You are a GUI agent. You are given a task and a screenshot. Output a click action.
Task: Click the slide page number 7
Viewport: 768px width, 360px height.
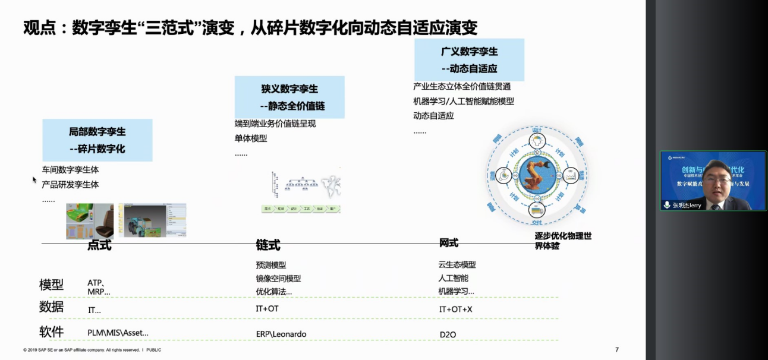[617, 350]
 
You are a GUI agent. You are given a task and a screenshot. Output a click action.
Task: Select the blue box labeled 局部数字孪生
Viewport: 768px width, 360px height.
[97, 140]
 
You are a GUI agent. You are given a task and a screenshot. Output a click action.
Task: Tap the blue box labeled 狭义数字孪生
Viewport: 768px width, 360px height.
[289, 97]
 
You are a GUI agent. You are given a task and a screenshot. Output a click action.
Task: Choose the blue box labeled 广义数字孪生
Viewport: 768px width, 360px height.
[470, 60]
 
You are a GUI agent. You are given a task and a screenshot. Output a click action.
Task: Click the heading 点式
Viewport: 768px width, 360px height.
[99, 245]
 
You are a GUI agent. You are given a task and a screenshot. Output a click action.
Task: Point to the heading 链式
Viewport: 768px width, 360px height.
[268, 245]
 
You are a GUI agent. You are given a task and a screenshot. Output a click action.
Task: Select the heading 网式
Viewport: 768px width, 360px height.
[449, 243]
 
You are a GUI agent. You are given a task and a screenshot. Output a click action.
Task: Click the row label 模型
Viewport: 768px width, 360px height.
[51, 285]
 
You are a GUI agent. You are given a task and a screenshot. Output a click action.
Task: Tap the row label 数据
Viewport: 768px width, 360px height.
[51, 307]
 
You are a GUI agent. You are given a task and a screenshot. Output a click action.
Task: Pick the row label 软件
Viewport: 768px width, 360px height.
[51, 332]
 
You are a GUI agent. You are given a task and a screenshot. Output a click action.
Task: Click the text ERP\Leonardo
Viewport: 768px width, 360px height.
[281, 334]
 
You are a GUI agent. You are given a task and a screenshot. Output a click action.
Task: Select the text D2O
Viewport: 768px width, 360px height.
[448, 335]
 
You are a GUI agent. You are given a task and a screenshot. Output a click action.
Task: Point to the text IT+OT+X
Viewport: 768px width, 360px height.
[455, 310]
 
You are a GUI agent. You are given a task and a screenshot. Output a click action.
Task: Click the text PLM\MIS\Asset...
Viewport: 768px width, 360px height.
[118, 333]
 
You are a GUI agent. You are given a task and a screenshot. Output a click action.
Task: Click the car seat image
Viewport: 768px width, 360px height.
[90, 221]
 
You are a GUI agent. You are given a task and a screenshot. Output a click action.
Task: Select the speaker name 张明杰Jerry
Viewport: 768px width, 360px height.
[687, 206]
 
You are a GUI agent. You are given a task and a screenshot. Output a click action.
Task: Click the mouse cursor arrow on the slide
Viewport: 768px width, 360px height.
[34, 179]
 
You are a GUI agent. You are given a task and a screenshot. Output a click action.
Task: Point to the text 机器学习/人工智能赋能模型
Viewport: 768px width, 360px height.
[464, 102]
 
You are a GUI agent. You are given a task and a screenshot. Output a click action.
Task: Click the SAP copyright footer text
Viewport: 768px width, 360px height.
[92, 350]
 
